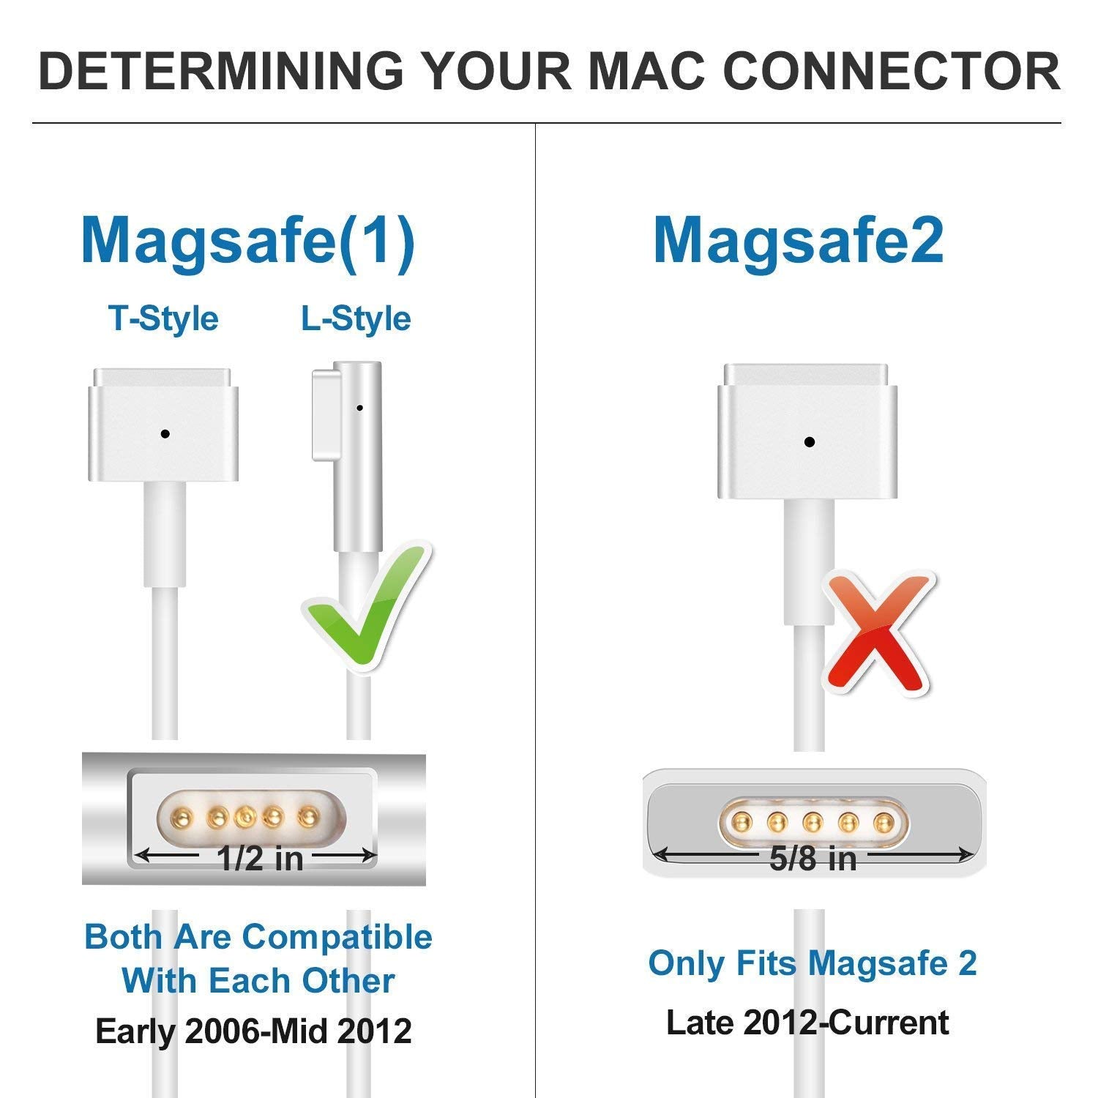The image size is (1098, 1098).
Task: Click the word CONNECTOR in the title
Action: pyautogui.click(x=892, y=71)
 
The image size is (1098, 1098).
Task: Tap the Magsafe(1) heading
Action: pyautogui.click(x=247, y=239)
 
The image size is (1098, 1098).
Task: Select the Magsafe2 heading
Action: pyautogui.click(x=798, y=239)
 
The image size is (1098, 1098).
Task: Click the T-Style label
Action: pyautogui.click(x=163, y=318)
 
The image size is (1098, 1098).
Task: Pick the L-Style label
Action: pyautogui.click(x=356, y=318)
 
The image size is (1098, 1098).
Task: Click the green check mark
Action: pyautogui.click(x=366, y=608)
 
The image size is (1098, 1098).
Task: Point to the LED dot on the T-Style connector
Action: pyautogui.click(x=165, y=434)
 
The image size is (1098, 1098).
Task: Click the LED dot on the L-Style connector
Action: pyautogui.click(x=359, y=408)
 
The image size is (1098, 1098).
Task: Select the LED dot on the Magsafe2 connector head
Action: pyautogui.click(x=809, y=442)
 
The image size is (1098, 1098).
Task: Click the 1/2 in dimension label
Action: pyautogui.click(x=260, y=858)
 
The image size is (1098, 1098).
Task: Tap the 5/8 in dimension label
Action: pyautogui.click(x=813, y=858)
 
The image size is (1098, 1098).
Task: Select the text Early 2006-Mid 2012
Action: pyautogui.click(x=253, y=1031)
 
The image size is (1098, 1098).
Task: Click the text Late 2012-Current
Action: pyautogui.click(x=807, y=1023)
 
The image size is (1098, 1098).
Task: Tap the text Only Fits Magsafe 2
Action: pyautogui.click(x=813, y=963)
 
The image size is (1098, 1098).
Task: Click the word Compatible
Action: pyautogui.click(x=337, y=937)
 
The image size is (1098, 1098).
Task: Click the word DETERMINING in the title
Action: pyautogui.click(x=220, y=71)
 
